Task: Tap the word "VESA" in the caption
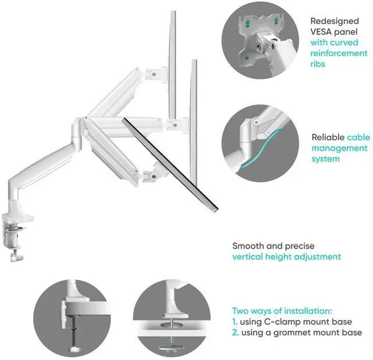pyautogui.click(x=322, y=32)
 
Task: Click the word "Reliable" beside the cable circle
pyautogui.click(x=328, y=138)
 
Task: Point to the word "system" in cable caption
pyautogui.click(x=325, y=159)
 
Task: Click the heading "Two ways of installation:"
pyautogui.click(x=282, y=311)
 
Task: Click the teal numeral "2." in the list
pyautogui.click(x=236, y=332)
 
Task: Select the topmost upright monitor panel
pyautogui.click(x=173, y=64)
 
